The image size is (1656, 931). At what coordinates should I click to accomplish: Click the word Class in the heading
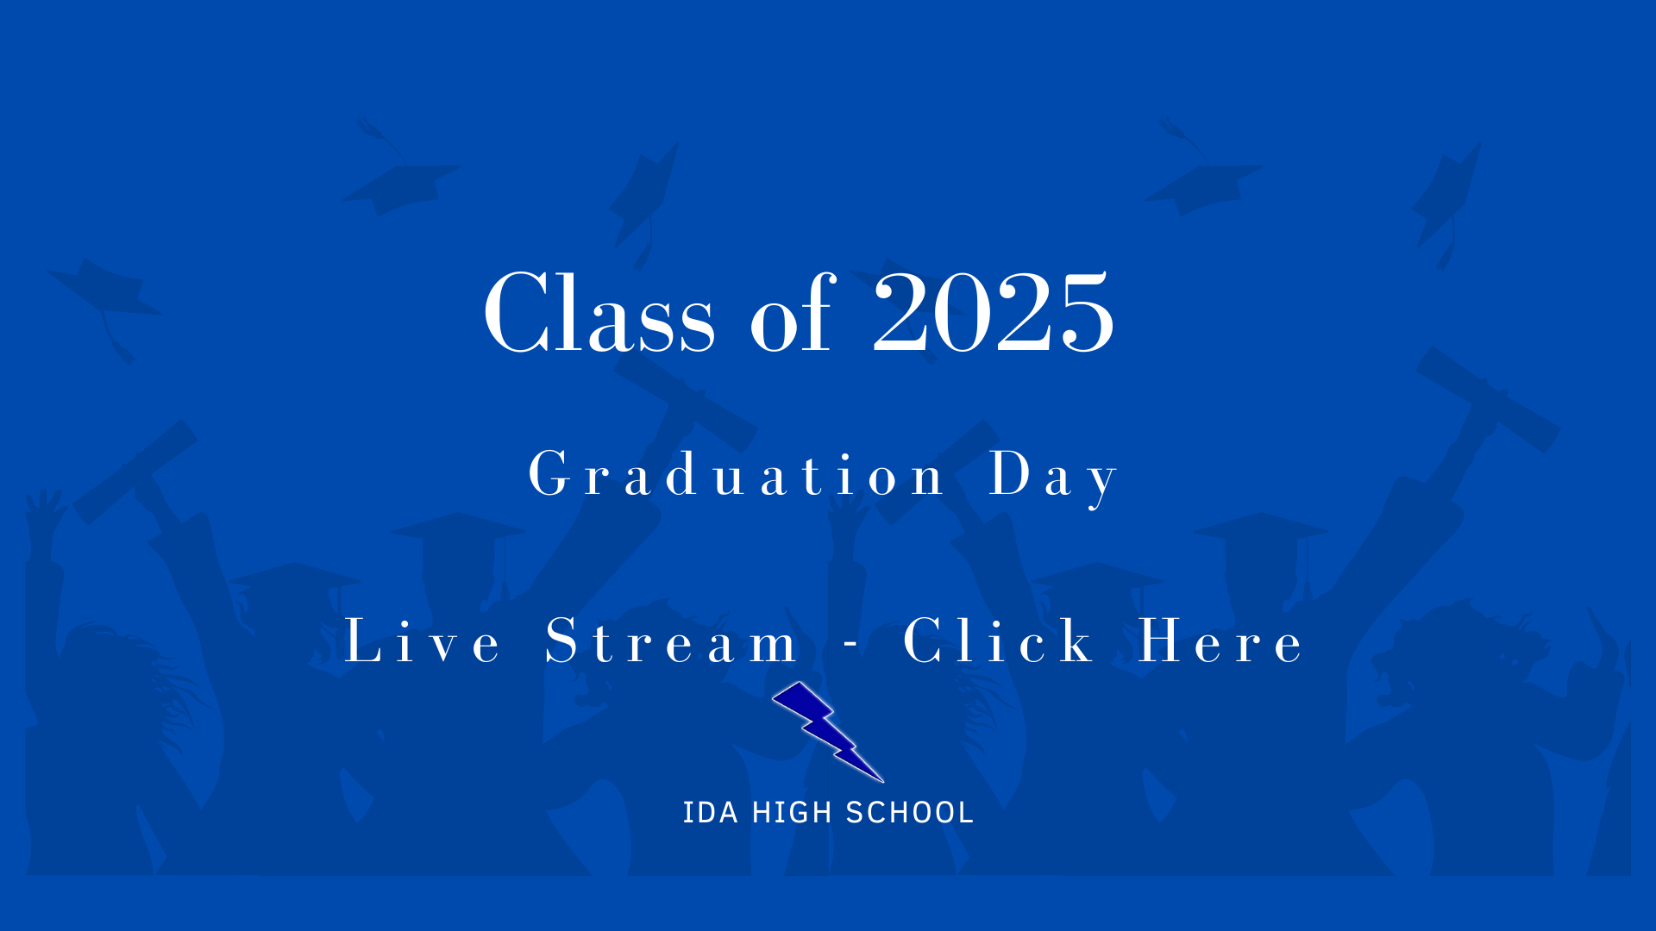tap(599, 312)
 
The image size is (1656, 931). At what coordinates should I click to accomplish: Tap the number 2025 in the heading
tap(994, 312)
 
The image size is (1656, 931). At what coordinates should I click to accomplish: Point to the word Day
tap(1053, 476)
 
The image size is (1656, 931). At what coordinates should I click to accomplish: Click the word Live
tap(422, 641)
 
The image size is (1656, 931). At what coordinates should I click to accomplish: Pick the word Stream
tap(671, 641)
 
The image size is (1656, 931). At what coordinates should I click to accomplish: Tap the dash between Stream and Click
tap(850, 643)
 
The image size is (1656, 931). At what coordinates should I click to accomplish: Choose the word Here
tap(1220, 641)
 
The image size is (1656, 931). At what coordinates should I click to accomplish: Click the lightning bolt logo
tap(826, 729)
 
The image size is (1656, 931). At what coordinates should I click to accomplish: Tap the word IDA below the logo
tap(710, 812)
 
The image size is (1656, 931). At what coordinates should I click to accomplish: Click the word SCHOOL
tap(909, 812)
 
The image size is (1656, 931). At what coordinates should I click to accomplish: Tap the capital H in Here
tap(1159, 641)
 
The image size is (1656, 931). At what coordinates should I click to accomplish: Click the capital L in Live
tap(362, 641)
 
